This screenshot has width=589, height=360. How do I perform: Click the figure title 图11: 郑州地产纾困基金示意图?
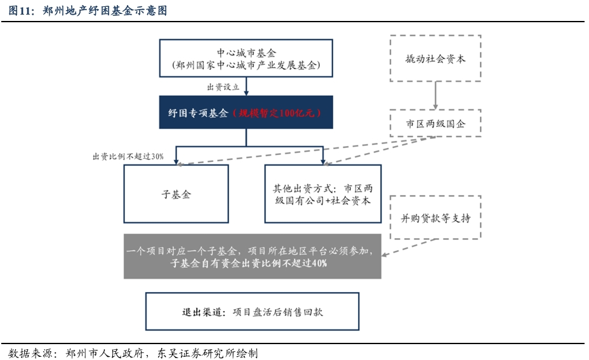(x=88, y=11)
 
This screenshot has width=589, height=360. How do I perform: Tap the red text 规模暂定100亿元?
(x=277, y=113)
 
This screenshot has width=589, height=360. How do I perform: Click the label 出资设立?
(x=223, y=87)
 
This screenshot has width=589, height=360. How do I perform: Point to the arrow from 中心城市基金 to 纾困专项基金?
(x=246, y=86)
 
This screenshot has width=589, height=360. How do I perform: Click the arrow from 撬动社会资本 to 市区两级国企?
(x=435, y=95)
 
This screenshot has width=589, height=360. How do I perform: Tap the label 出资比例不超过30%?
(x=128, y=156)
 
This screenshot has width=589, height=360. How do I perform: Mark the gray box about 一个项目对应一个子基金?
(x=253, y=257)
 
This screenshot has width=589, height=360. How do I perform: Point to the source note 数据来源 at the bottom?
(x=133, y=353)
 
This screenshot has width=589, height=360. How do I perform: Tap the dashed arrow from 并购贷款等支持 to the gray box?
(x=408, y=247)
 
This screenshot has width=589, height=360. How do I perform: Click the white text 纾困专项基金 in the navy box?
(x=198, y=113)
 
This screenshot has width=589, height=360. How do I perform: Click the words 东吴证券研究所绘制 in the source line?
(x=208, y=353)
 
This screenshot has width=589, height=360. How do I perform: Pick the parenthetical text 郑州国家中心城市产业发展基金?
(x=246, y=65)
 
